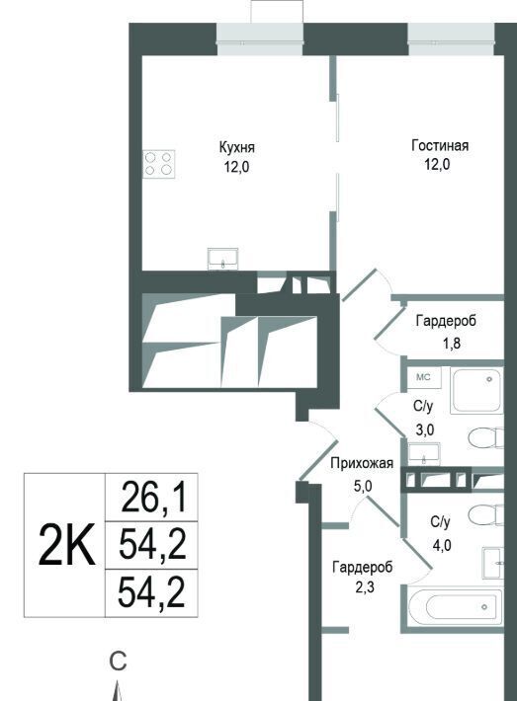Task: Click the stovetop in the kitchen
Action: click(x=159, y=164)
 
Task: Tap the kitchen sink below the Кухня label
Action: click(x=223, y=259)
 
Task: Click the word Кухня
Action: click(x=237, y=147)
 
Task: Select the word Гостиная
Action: click(x=440, y=146)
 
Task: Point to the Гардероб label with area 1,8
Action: click(x=446, y=321)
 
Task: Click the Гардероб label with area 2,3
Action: click(x=363, y=568)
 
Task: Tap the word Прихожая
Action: click(x=362, y=463)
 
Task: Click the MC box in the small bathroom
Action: click(x=423, y=378)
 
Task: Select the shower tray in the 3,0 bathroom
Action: click(x=477, y=390)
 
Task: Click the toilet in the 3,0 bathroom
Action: click(x=486, y=437)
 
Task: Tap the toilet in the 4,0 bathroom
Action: click(x=486, y=516)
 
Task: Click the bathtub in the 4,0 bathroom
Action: click(x=456, y=606)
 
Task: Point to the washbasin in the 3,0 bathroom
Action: click(x=424, y=454)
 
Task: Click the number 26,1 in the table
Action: click(x=153, y=498)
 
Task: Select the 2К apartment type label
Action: click(x=66, y=545)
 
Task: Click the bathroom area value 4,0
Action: click(x=441, y=545)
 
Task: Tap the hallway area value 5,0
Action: click(x=363, y=486)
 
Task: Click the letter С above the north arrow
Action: click(x=119, y=662)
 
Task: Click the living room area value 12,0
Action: click(x=437, y=165)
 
